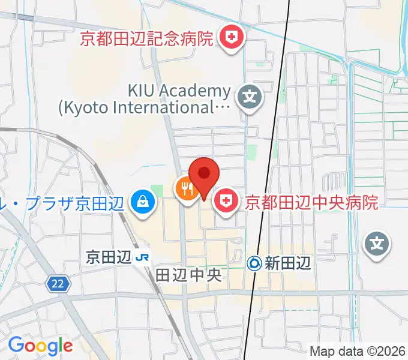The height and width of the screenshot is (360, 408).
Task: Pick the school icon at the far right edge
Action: [377, 244]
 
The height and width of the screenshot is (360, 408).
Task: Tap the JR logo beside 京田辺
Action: [142, 257]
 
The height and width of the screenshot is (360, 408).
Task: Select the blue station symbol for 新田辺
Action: [254, 262]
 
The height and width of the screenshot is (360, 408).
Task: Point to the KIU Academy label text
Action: [179, 91]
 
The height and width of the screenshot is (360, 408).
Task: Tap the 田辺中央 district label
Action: [189, 275]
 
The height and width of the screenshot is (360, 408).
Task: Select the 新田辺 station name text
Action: [288, 262]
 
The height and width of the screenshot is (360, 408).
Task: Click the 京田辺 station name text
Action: [109, 257]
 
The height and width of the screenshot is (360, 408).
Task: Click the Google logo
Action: [40, 345]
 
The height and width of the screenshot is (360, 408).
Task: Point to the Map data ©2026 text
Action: [358, 351]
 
